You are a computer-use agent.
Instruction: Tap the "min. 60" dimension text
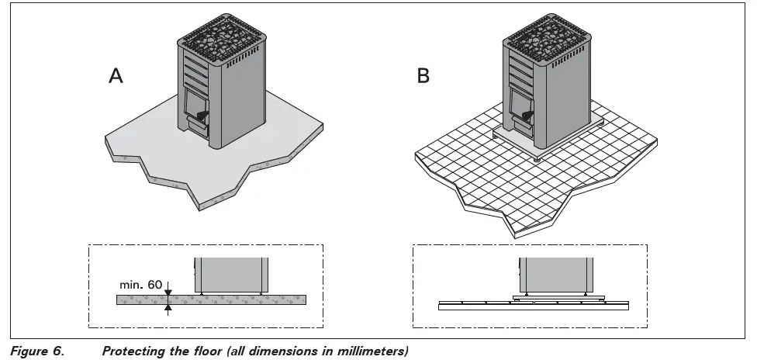(142, 285)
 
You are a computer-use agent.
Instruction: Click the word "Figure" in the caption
(30, 351)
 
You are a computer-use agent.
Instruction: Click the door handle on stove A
(202, 116)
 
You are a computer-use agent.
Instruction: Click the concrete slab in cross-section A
(233, 299)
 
